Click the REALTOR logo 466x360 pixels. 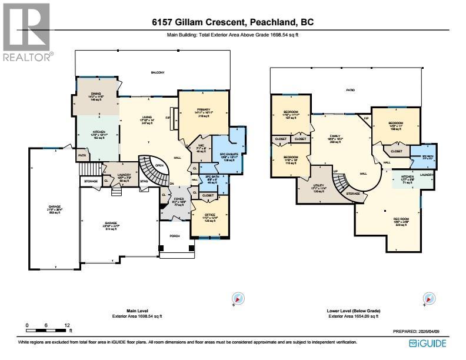pyautogui.click(x=26, y=32)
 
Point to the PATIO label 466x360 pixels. pyautogui.click(x=350, y=90)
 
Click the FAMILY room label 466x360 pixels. pyautogui.click(x=335, y=136)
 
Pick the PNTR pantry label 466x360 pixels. pyautogui.click(x=83, y=155)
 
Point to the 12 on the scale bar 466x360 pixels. pyautogui.click(x=67, y=325)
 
